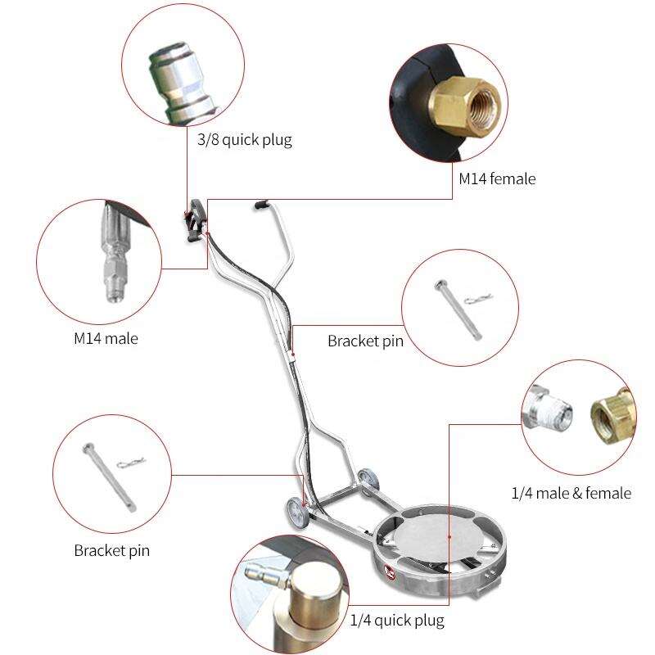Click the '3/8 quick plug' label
244,140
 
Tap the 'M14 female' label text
497,178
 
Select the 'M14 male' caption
106,338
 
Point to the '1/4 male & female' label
571,494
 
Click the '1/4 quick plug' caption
397,621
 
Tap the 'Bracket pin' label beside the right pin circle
365,341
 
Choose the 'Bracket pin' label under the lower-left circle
111,550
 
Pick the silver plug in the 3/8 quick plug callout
182,83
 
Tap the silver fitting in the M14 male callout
114,252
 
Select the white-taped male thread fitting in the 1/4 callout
545,407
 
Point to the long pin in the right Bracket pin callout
458,310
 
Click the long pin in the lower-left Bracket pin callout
109,477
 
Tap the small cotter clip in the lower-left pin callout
131,463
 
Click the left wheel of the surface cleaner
298,514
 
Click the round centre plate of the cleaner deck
437,536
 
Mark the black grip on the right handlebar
261,204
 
